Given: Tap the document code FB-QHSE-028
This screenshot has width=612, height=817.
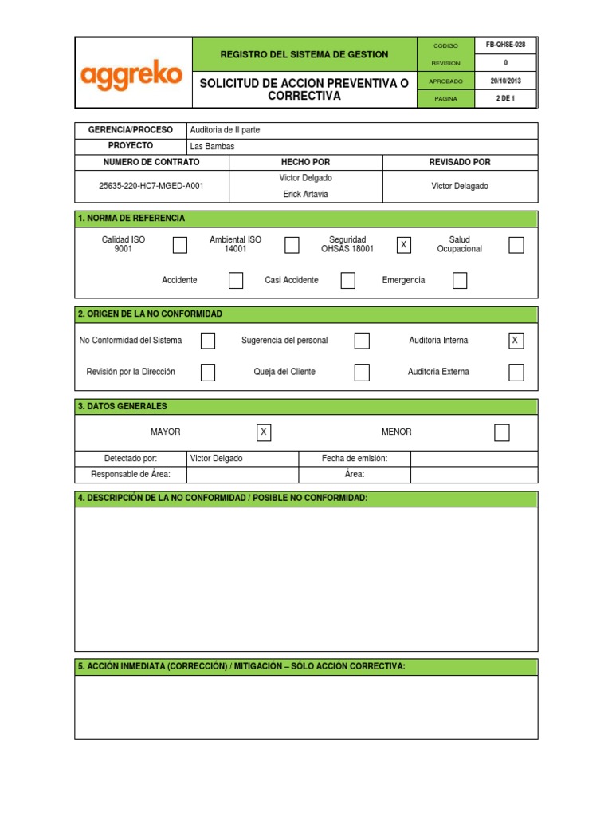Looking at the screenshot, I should [505, 45].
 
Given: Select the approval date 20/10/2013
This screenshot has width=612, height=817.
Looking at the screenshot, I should [505, 81].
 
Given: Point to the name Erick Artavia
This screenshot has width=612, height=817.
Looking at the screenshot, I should [306, 194].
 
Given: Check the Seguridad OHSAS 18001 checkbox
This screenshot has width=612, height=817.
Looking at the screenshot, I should [404, 245].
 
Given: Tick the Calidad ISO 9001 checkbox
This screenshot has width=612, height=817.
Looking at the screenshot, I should [180, 245].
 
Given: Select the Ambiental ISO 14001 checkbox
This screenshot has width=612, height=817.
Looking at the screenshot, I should [292, 245].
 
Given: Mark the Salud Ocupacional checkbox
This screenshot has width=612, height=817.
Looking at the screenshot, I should [516, 245].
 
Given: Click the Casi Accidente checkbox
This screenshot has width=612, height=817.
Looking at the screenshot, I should [347, 280].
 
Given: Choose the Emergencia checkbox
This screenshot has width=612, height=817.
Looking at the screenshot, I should [460, 280].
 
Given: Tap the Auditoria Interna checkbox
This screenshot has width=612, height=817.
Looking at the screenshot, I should [516, 341].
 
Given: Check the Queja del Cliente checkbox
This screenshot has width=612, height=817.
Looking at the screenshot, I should [362, 372].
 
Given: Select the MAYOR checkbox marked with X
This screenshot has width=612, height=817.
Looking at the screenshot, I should [264, 432].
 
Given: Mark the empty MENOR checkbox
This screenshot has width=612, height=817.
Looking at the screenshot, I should [501, 432].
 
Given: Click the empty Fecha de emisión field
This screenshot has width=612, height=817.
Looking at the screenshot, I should [474, 459].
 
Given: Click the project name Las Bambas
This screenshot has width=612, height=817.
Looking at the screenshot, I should [213, 147].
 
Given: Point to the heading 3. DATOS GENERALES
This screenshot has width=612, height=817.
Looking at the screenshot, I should [123, 406].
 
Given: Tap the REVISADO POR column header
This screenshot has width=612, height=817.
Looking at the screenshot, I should [460, 162].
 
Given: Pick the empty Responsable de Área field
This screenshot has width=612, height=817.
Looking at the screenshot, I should [242, 475].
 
